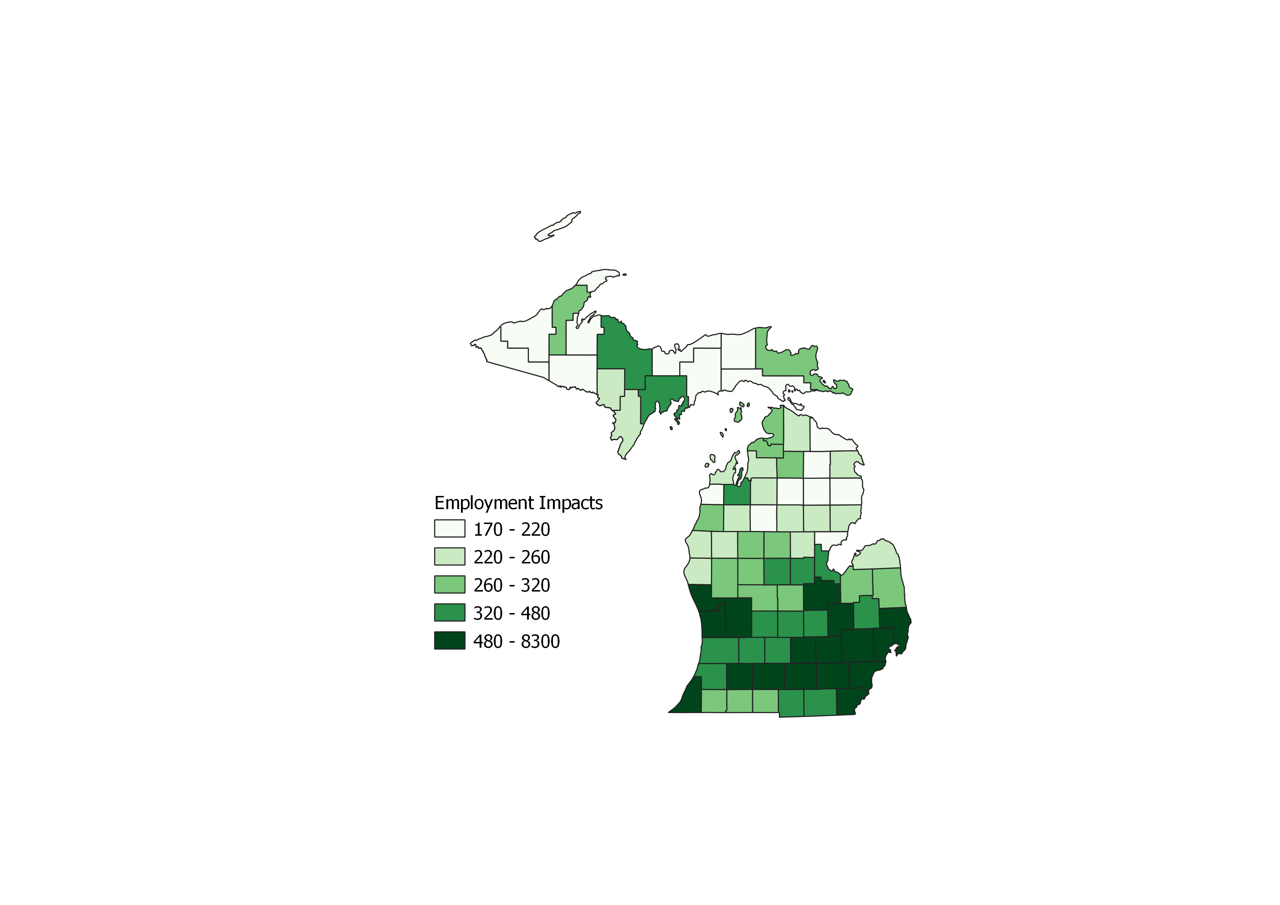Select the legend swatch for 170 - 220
click(x=449, y=528)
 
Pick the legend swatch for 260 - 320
click(x=449, y=585)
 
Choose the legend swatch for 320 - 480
click(x=449, y=612)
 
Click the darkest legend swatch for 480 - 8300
click(x=449, y=641)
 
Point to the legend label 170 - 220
click(x=511, y=529)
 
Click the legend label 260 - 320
click(x=511, y=585)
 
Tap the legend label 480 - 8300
click(x=516, y=642)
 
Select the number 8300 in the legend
click(x=540, y=642)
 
